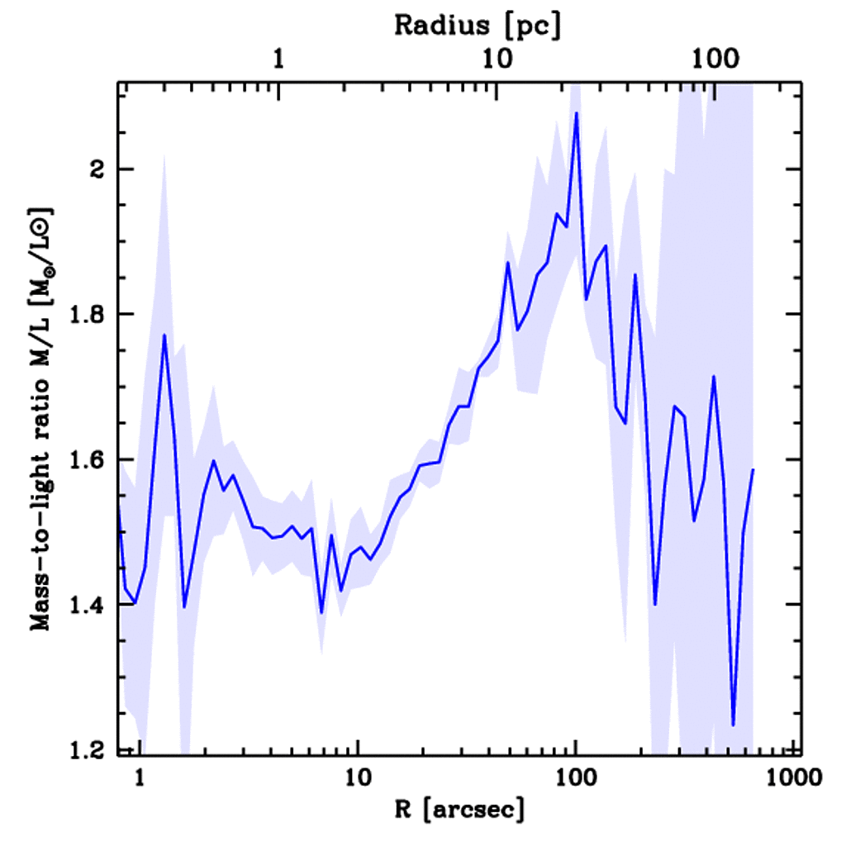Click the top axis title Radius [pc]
[478, 26]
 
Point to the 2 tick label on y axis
[98, 169]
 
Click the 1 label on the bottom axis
[140, 777]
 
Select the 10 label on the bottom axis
[357, 777]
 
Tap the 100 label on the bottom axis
[575, 777]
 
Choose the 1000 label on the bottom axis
[791, 777]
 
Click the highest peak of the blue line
[576, 113]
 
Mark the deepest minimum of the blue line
[733, 725]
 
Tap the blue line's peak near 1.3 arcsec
[164, 335]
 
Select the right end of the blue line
[753, 469]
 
